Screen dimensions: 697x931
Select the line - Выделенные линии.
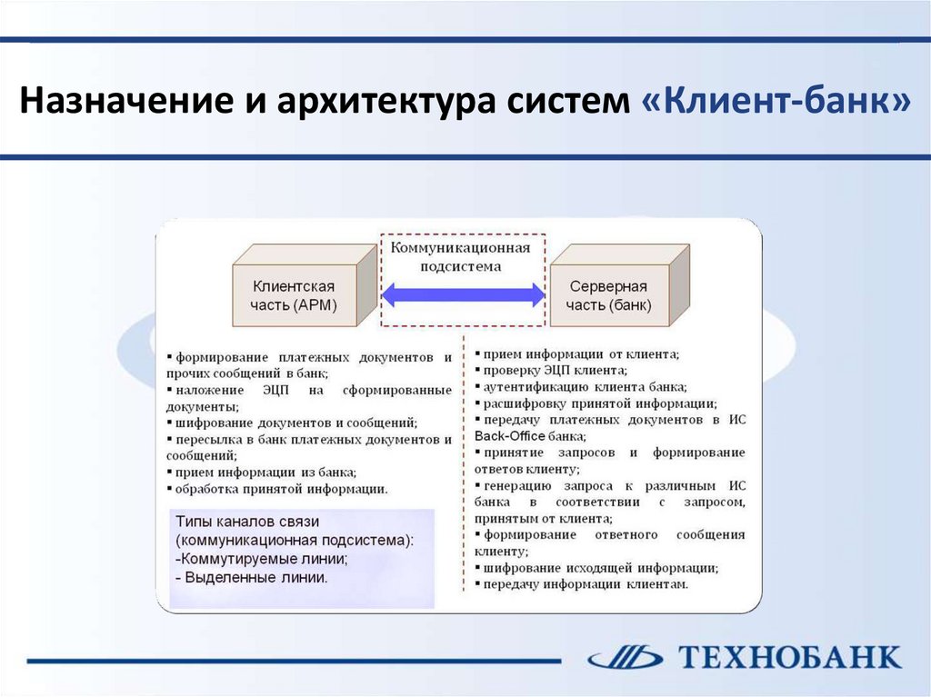(252, 577)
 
